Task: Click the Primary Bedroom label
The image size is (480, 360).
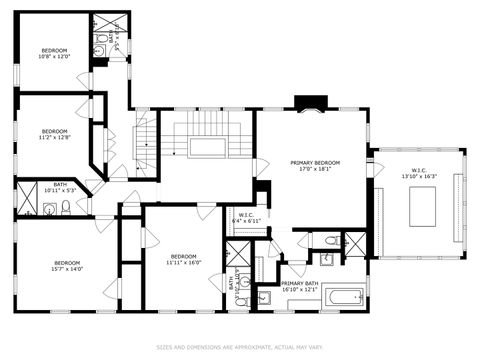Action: click(x=315, y=162)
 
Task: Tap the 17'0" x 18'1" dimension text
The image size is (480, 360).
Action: click(x=315, y=170)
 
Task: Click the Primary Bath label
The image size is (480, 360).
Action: click(x=300, y=283)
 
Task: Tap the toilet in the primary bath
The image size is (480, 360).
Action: click(x=330, y=241)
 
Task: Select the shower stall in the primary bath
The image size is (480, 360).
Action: click(x=354, y=243)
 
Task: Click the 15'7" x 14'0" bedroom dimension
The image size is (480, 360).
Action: click(x=67, y=269)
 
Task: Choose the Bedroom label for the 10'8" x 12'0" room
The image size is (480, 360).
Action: click(x=54, y=49)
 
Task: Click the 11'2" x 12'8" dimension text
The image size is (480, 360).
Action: click(x=54, y=139)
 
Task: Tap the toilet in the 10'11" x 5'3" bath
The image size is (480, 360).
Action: click(x=66, y=208)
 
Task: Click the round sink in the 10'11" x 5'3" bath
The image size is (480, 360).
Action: click(x=49, y=209)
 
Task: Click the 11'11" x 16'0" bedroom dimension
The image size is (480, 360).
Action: click(x=185, y=262)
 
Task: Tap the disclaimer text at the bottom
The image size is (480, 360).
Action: click(x=240, y=348)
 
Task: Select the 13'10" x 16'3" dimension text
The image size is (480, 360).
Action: click(x=418, y=177)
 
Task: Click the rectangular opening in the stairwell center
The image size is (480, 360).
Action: click(x=207, y=147)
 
